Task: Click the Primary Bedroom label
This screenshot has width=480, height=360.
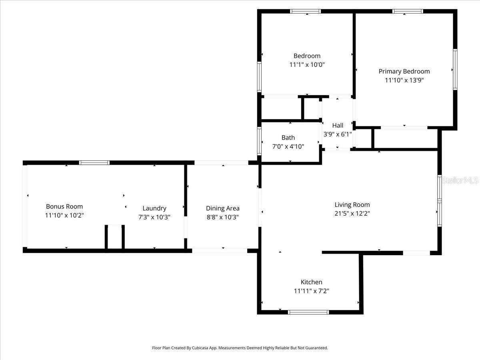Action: (404, 72)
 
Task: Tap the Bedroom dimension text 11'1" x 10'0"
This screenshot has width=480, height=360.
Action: (307, 64)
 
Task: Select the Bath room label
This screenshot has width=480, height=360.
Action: (288, 138)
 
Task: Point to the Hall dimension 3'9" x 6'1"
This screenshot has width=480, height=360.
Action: (338, 134)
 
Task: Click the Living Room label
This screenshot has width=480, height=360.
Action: (352, 205)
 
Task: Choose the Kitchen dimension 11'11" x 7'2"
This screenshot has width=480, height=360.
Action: (311, 291)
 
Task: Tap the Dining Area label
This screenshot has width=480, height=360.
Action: (222, 208)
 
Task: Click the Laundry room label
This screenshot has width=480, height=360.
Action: (154, 208)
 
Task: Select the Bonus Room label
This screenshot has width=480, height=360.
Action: (64, 206)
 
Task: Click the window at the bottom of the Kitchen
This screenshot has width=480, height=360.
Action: (308, 312)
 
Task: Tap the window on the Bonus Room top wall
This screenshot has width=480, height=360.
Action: (94, 163)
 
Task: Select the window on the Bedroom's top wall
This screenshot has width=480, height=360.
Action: (305, 11)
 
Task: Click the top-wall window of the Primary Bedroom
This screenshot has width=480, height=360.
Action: (408, 11)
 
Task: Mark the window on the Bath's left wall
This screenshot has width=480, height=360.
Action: (259, 141)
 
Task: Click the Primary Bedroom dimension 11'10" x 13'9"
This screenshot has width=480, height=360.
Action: (404, 80)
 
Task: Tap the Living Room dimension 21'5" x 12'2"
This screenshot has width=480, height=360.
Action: (352, 214)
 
